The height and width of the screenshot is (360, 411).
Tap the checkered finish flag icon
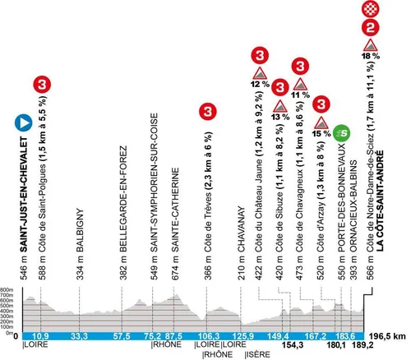(371, 10)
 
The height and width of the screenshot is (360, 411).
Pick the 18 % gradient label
(371, 55)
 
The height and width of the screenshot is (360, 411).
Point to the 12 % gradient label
(261, 82)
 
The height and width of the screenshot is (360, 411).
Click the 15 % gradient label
(322, 132)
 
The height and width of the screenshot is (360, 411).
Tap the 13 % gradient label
(280, 115)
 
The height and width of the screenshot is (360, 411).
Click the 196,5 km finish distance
(389, 336)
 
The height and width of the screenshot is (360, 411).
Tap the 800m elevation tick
(7, 290)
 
